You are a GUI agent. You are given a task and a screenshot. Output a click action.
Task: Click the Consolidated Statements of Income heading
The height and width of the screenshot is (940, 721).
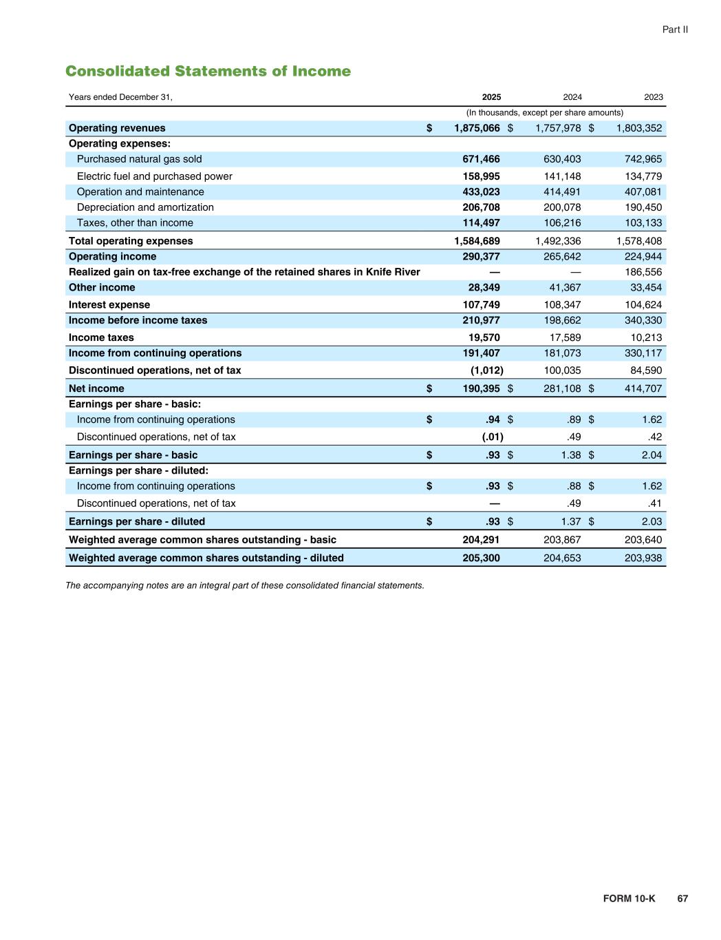[x=208, y=72]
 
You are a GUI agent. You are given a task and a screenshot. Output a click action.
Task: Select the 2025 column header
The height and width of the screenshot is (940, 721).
[x=491, y=97]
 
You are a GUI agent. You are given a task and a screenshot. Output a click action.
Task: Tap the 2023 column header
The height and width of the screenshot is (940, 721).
[x=653, y=97]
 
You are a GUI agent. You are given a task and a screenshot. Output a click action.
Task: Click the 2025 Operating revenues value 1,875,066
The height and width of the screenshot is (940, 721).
[x=477, y=128]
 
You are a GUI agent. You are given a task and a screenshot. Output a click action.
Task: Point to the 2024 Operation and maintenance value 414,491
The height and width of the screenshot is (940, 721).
[x=562, y=192]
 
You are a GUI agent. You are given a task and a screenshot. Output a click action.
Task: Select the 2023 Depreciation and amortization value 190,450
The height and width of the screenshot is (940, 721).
[x=643, y=207]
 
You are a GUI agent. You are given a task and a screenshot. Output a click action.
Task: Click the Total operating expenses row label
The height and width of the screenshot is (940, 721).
[x=131, y=241]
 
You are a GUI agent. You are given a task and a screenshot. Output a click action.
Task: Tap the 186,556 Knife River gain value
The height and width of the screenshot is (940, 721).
[x=643, y=272]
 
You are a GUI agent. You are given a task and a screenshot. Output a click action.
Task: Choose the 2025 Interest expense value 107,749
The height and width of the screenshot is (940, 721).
[x=481, y=304]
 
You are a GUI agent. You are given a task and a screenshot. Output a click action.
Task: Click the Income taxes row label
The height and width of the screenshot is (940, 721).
[x=101, y=337]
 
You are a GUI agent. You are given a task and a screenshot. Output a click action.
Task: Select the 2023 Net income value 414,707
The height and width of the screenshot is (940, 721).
[x=643, y=388]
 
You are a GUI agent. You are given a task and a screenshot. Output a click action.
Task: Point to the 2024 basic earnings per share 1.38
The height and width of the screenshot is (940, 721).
[x=570, y=455]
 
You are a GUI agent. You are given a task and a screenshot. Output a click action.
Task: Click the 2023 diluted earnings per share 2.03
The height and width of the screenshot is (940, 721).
[x=651, y=522]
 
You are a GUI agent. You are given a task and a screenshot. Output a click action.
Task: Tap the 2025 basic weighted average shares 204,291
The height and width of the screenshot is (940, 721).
[x=481, y=540]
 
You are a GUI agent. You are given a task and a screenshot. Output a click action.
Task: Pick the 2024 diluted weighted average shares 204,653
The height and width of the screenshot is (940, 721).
[x=562, y=558]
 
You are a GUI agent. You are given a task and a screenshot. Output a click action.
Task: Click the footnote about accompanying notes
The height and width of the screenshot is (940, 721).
[x=245, y=585]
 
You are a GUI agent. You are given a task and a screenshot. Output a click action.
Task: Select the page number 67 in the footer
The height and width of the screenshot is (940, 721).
[x=682, y=899]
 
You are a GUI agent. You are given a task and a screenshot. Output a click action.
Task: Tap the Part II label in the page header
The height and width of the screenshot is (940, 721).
[x=675, y=30]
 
